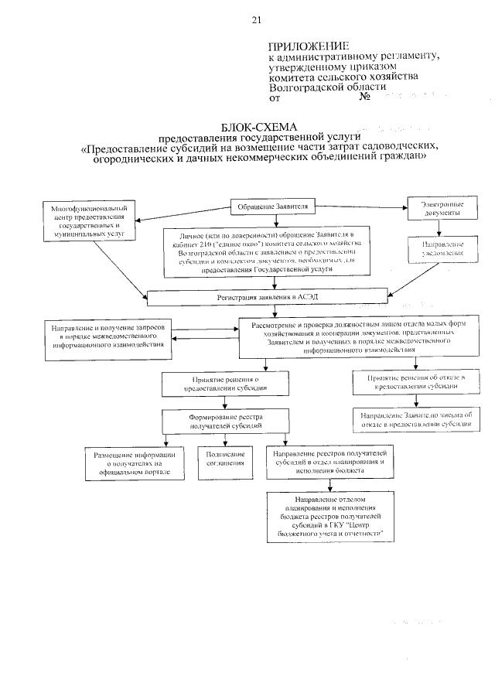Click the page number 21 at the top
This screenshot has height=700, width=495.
click(256, 20)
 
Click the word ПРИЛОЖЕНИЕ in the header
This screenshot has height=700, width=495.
click(308, 46)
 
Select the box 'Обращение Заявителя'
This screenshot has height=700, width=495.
click(271, 207)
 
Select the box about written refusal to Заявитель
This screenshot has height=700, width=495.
click(415, 419)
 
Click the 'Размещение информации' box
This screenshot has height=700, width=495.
click(134, 462)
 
